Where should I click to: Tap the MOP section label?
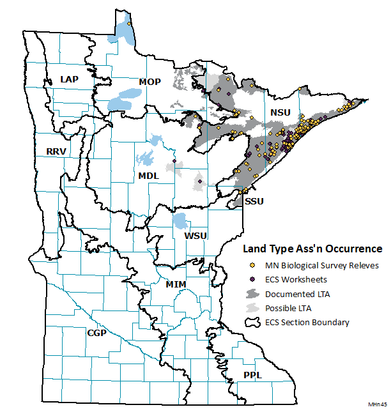click(149, 81)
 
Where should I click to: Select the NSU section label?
click(280, 113)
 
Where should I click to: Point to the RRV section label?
click(57, 151)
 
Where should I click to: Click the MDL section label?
click(149, 176)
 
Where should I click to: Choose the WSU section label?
click(195, 236)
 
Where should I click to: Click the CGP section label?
click(96, 333)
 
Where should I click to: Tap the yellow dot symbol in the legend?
click(252, 264)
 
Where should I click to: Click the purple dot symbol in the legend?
click(252, 279)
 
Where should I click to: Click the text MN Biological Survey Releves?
click(322, 264)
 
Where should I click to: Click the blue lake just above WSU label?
click(181, 222)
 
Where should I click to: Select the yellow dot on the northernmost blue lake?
click(130, 24)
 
